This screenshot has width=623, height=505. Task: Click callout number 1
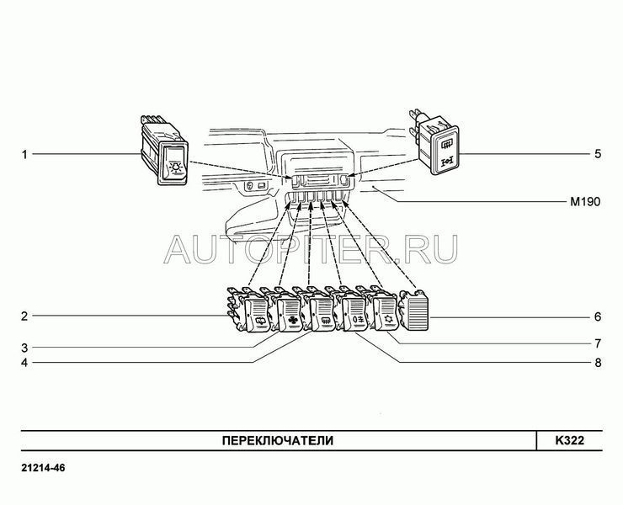[24, 154]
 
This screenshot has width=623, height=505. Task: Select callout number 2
[24, 316]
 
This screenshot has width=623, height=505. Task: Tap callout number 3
[24, 348]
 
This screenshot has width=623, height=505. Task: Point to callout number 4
[24, 363]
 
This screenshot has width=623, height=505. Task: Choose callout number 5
[598, 154]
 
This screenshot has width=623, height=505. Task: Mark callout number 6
[598, 317]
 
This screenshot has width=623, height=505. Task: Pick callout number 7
[598, 343]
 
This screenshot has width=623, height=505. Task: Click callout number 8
[598, 363]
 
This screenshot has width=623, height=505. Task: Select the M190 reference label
[585, 202]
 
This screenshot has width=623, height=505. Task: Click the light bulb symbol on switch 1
[176, 167]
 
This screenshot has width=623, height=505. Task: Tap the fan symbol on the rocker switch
[292, 322]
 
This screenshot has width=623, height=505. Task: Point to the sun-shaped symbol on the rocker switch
[388, 320]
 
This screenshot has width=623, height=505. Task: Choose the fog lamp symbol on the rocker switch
[358, 320]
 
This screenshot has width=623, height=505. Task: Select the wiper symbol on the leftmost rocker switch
[261, 322]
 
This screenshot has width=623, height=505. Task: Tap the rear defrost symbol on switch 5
[445, 144]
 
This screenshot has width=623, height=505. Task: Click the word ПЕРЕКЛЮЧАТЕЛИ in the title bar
[278, 441]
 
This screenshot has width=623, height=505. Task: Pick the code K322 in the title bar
[570, 441]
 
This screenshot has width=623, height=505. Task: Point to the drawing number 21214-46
[43, 468]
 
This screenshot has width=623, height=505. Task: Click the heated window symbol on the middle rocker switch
[325, 320]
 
